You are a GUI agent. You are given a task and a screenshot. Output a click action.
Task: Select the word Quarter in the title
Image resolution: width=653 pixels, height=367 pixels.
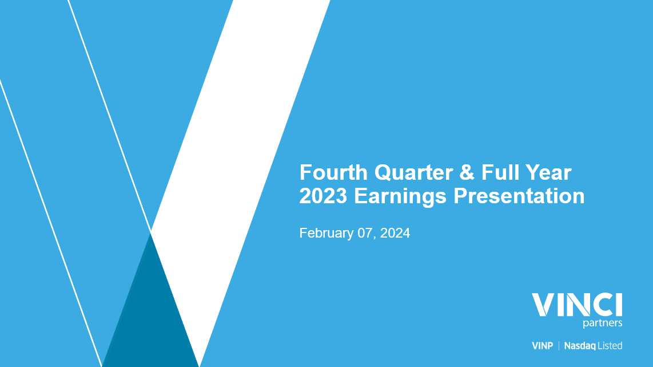click(413, 173)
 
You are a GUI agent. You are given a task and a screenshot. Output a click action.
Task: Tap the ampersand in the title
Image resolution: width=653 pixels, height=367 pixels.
click(467, 173)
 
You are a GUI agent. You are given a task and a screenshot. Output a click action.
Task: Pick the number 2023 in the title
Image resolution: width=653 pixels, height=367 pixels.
click(323, 196)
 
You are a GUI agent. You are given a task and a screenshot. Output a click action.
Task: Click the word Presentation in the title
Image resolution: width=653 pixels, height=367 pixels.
click(519, 196)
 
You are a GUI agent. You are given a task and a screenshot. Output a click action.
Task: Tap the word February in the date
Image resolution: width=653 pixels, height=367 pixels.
click(326, 233)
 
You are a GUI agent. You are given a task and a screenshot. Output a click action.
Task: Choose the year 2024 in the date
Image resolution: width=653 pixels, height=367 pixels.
click(395, 232)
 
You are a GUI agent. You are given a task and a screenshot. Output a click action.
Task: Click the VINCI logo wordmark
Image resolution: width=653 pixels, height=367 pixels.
click(577, 305)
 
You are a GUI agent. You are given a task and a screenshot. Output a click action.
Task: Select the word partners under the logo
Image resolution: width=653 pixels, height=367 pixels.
click(603, 323)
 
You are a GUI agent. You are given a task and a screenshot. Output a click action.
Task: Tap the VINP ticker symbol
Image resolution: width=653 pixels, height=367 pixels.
click(542, 346)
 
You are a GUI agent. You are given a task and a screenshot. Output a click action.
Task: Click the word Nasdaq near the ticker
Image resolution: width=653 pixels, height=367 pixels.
click(580, 346)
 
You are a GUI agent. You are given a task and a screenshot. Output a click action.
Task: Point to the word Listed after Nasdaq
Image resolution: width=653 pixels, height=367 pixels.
click(610, 346)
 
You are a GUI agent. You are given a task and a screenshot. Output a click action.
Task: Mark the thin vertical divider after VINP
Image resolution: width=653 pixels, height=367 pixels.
click(559, 346)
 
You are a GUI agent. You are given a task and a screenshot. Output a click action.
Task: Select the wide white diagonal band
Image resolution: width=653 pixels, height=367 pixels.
click(240, 183)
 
